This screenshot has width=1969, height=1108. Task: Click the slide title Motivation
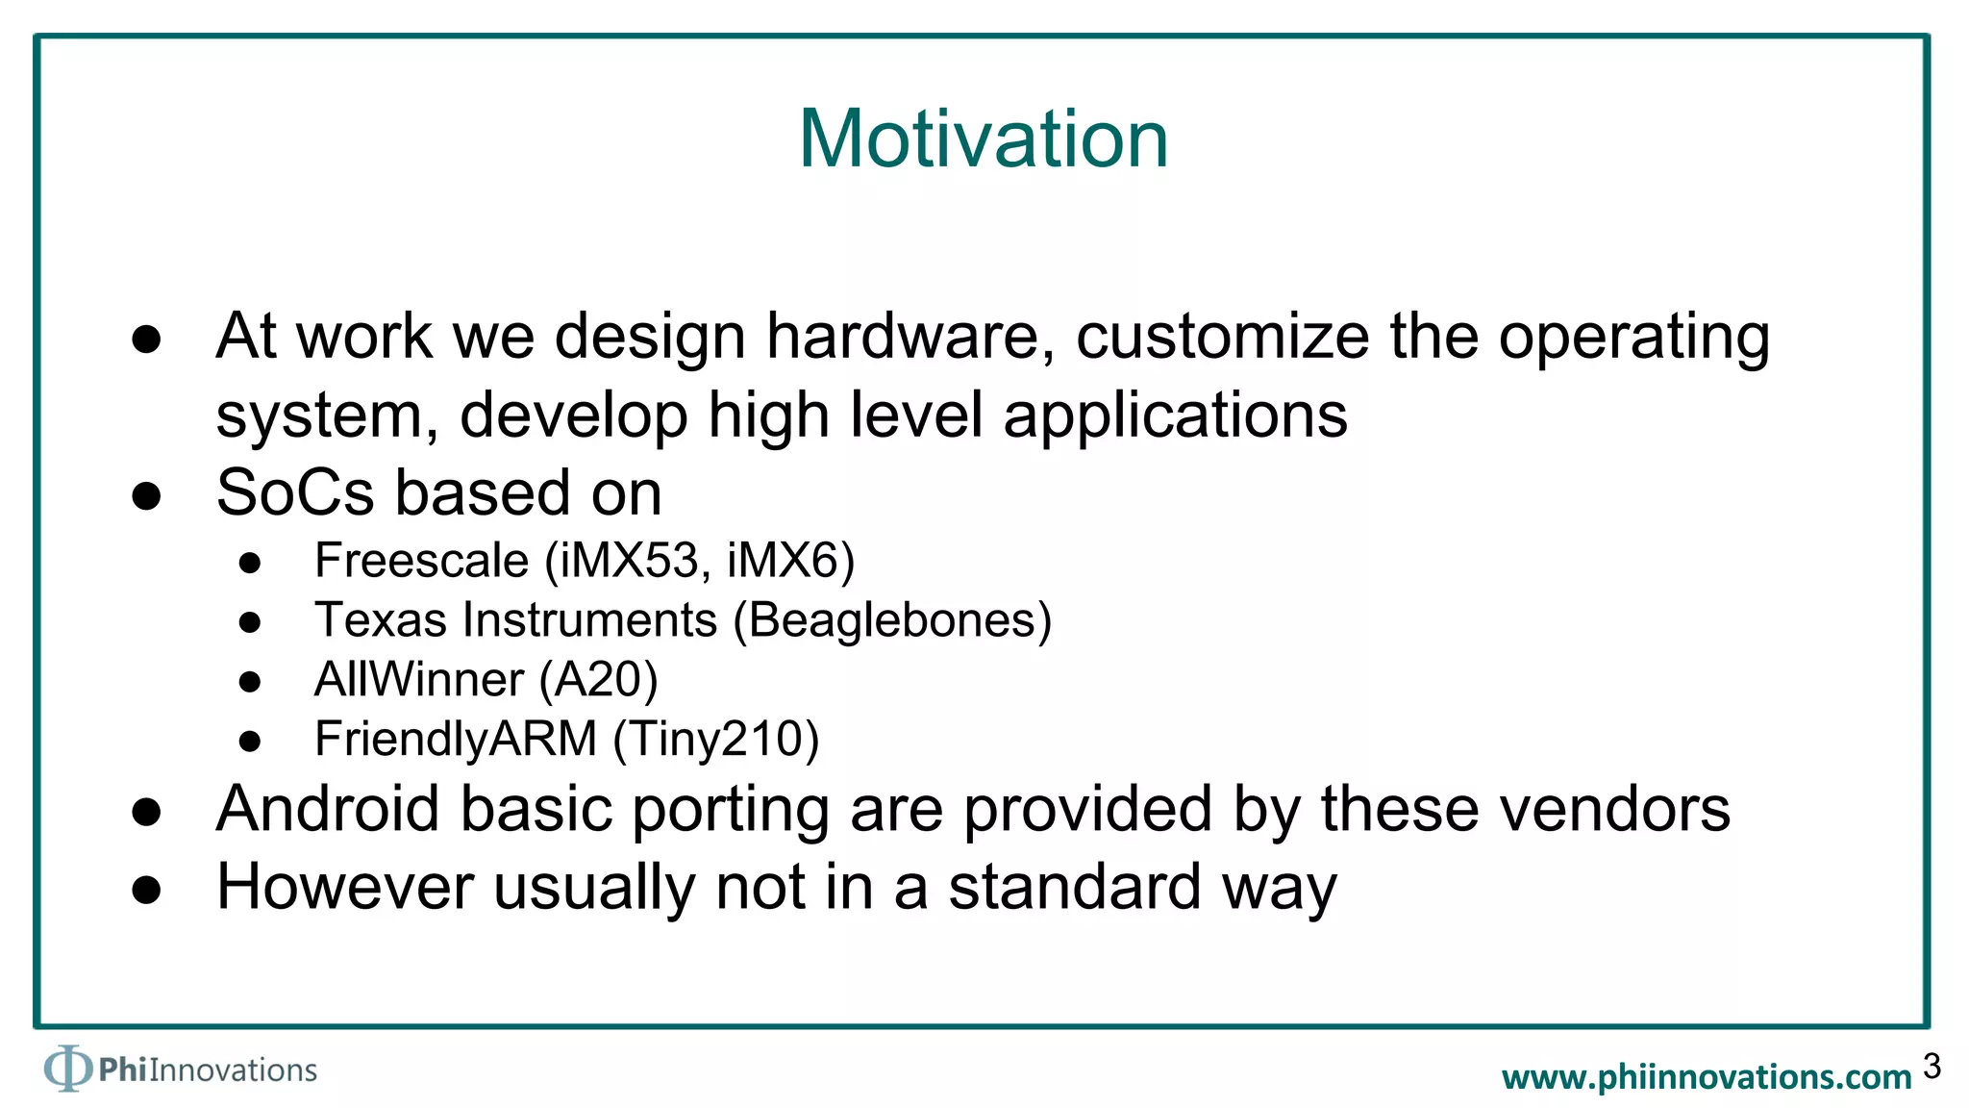coord(983,139)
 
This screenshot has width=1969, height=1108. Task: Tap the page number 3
coord(1932,1066)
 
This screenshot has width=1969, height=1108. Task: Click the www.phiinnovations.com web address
coord(1707,1077)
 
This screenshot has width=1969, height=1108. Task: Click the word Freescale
coord(421,561)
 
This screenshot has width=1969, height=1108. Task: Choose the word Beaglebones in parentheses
coord(892,620)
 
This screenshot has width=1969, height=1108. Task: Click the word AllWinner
coord(418,680)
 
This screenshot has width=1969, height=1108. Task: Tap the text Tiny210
coord(715,740)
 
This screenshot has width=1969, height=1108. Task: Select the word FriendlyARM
coord(456,740)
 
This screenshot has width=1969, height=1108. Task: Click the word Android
coord(328,809)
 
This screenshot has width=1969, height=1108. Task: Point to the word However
coord(345,887)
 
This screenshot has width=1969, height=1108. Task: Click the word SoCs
coord(295,493)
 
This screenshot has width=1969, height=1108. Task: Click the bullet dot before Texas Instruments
coord(250,623)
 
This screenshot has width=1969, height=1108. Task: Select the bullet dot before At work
coord(146,340)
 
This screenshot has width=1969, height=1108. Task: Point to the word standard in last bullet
coord(1074,887)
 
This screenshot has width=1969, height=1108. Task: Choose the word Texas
coord(381,620)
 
